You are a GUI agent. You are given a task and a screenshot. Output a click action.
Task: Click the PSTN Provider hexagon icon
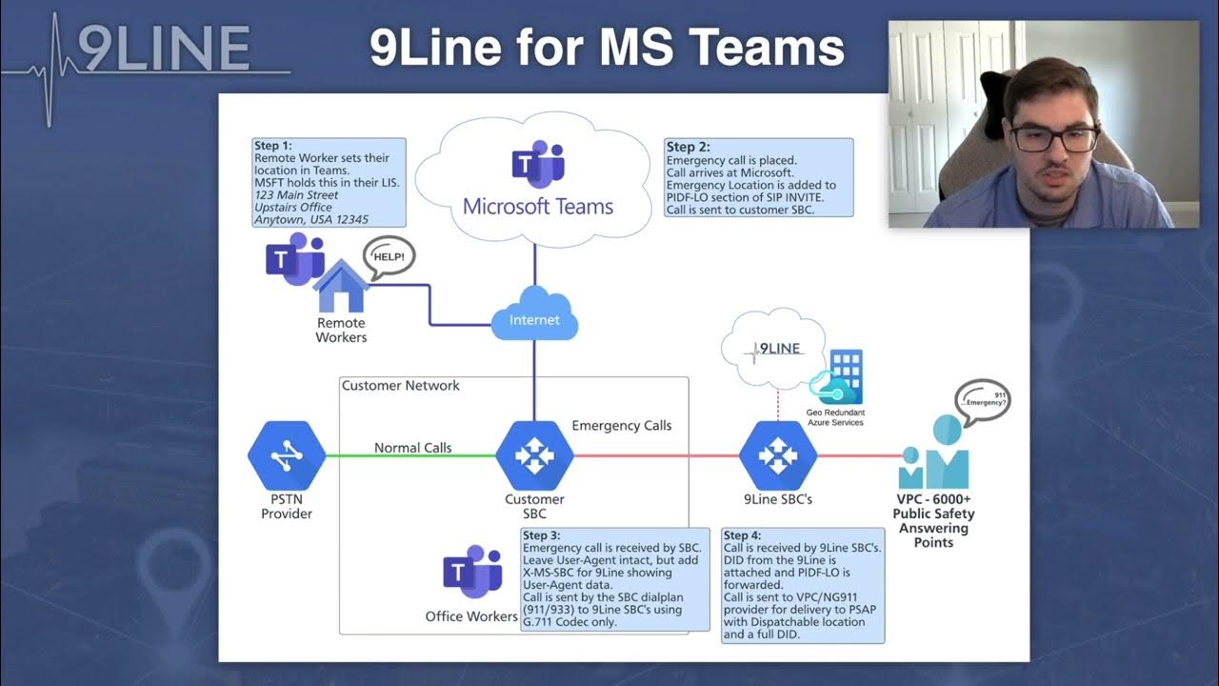[287, 456]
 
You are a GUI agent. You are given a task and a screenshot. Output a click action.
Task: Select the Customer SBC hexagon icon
[534, 456]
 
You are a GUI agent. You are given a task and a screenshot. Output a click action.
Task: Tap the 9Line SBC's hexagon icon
[778, 456]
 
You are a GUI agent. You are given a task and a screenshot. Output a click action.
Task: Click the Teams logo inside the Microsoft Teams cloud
[538, 164]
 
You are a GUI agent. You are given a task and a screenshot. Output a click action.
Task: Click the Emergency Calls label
[621, 426]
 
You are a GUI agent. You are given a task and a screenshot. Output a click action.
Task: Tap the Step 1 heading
[273, 146]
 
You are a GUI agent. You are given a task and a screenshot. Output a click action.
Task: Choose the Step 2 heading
[688, 147]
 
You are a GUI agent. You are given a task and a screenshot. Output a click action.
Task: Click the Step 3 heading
[549, 535]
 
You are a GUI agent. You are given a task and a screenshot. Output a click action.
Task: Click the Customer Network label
[400, 386]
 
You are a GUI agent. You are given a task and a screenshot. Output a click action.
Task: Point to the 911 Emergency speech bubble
[982, 399]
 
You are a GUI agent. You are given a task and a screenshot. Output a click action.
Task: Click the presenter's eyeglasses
[1053, 139]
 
